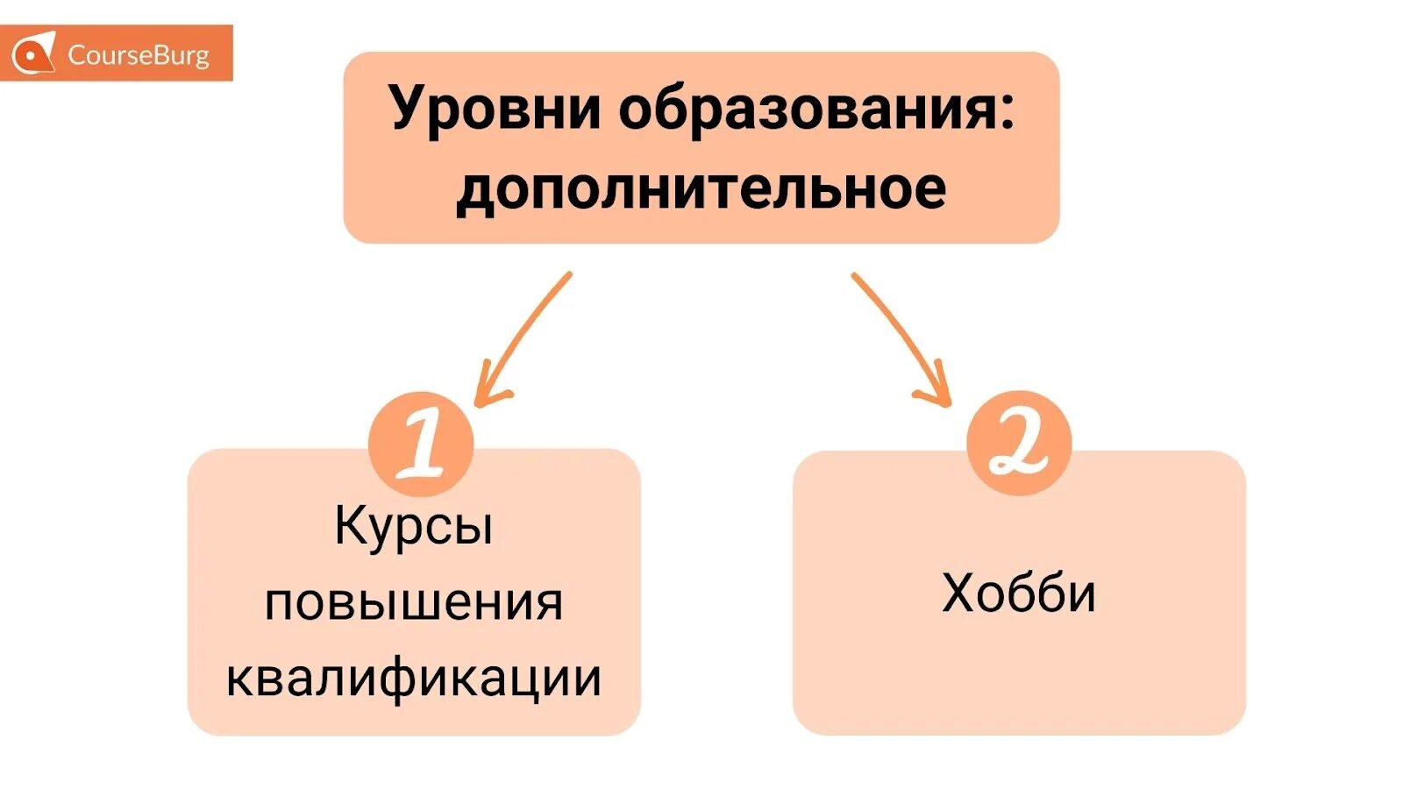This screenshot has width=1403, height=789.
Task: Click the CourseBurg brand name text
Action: coord(138,55)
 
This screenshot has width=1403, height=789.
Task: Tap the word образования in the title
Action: coord(807,110)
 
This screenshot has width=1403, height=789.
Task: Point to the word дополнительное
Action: coord(701,188)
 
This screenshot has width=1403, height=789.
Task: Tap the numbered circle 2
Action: coord(1019,443)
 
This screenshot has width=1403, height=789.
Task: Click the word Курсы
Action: coord(414,526)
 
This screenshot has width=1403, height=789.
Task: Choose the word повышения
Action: coord(414,603)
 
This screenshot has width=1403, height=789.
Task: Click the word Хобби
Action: coord(1019,594)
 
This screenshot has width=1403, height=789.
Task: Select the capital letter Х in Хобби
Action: coord(959,594)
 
